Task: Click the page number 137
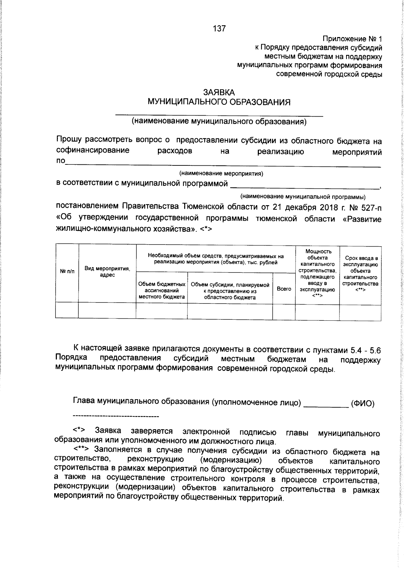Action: point(219,29)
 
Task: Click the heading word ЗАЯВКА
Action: point(219,92)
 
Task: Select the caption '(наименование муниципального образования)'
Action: point(219,121)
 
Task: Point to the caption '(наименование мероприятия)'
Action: point(221,173)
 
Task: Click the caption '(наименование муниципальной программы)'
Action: point(303,196)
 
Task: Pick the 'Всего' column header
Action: point(284,289)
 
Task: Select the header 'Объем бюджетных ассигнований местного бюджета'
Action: point(162,290)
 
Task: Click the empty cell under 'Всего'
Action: point(284,310)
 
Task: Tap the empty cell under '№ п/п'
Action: point(67,310)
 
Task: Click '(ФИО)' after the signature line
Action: point(362,403)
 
